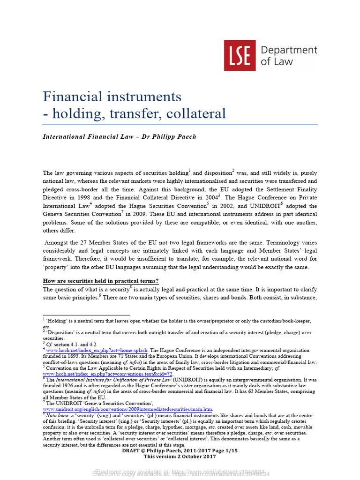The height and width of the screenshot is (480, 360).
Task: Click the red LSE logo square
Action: click(240, 55)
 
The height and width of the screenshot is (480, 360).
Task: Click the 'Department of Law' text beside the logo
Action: click(288, 55)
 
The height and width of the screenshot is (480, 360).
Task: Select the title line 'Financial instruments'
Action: click(112, 97)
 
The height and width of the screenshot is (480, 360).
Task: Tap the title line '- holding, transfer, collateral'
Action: click(135, 113)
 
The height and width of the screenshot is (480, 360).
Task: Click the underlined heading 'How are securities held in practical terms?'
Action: click(101, 281)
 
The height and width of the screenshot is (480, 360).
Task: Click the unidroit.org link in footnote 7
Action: click(127, 409)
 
